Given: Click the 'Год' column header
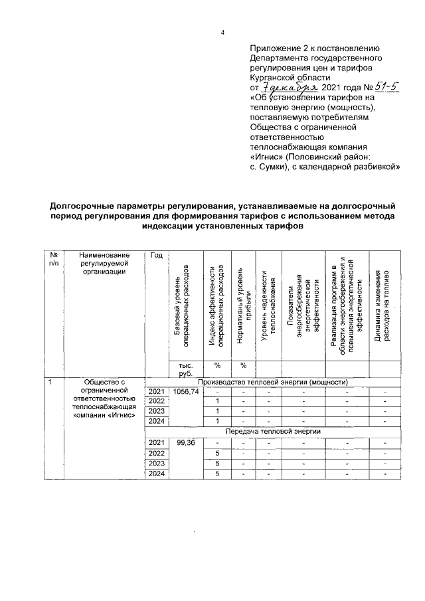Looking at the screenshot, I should pos(157,255).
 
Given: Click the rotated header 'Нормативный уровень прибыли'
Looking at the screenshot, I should pos(244,305).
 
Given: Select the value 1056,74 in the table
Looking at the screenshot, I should pos(185,392).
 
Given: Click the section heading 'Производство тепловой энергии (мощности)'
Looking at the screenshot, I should pos(272,381).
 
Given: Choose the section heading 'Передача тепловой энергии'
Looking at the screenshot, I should pos(272,432).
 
